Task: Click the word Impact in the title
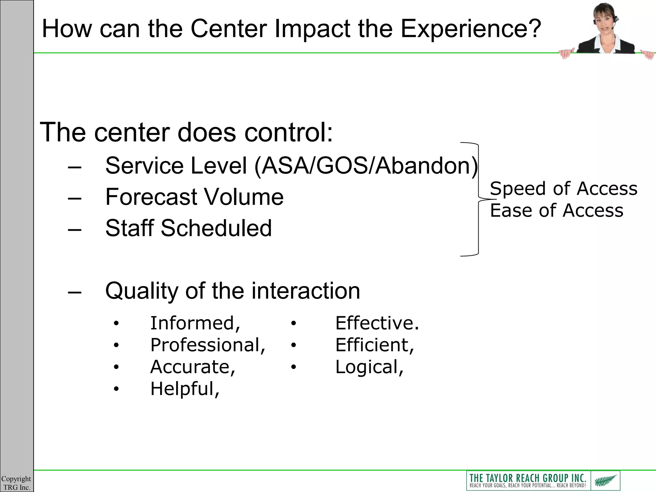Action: click(x=312, y=29)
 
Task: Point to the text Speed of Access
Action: click(x=563, y=188)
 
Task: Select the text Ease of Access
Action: click(x=557, y=210)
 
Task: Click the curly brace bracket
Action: click(x=478, y=199)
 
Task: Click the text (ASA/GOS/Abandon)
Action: click(x=366, y=166)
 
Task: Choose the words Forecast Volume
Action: click(x=194, y=197)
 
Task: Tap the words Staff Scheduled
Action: click(x=188, y=228)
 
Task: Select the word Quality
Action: click(x=141, y=291)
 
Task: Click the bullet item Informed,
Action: click(x=195, y=323)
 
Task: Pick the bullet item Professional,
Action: click(x=208, y=345)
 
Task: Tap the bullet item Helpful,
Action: click(x=185, y=389)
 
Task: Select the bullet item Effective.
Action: click(x=377, y=323)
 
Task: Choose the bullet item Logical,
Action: click(x=369, y=367)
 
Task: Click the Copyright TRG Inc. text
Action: click(x=16, y=483)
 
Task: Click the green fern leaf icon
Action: click(x=605, y=480)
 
